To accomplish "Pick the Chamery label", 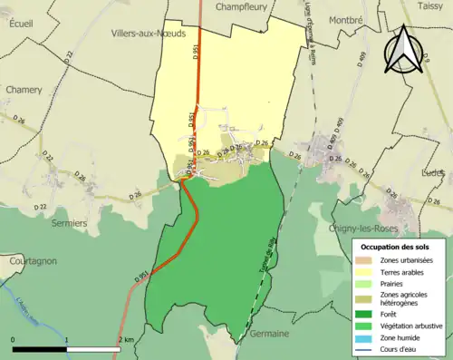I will tap(24, 90).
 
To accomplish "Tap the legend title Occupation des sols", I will tap(396, 247).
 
